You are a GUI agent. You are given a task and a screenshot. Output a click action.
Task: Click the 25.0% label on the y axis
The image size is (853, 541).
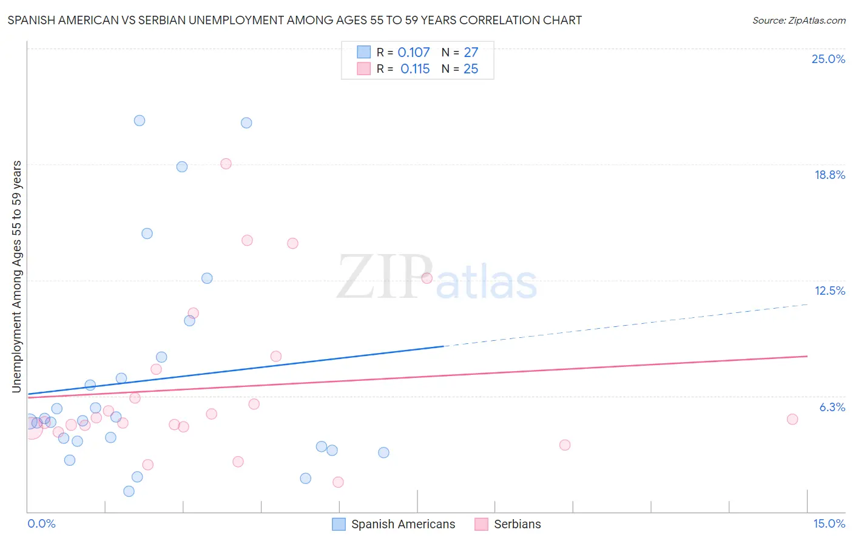(828, 59)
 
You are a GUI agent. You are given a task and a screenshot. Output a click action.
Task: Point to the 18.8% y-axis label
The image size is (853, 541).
(829, 175)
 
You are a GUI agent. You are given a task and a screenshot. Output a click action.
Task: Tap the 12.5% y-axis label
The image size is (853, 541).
(829, 291)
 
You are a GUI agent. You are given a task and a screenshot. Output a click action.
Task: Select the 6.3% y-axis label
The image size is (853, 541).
(832, 407)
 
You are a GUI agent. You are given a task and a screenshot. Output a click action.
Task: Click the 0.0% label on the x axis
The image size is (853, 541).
(41, 523)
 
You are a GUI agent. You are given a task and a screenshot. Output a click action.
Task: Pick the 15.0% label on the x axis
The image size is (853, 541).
(829, 523)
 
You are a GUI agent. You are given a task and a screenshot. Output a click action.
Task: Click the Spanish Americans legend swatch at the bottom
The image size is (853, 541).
(339, 524)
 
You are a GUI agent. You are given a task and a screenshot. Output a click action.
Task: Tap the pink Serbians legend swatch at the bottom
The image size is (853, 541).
(481, 524)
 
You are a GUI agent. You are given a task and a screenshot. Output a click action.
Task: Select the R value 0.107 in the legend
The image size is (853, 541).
(413, 53)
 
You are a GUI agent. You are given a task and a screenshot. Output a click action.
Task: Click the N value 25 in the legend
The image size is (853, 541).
(471, 69)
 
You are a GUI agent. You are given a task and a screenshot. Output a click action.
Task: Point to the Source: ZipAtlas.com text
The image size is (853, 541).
(798, 21)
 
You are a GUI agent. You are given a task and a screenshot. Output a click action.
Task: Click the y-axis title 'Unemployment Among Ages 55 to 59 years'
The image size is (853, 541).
(17, 277)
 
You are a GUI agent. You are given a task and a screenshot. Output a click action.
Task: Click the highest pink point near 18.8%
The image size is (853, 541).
(226, 164)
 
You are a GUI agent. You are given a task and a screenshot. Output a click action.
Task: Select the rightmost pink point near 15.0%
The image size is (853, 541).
(792, 419)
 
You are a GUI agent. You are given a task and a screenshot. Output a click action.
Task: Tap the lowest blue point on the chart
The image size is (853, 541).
(129, 491)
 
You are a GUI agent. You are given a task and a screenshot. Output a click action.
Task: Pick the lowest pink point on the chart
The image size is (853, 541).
(338, 482)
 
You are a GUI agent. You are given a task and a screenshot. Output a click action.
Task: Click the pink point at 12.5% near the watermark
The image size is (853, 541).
(426, 278)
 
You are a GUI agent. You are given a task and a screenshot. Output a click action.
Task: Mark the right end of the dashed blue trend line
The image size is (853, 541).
(807, 304)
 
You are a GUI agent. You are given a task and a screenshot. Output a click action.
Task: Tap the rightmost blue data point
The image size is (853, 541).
(383, 452)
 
